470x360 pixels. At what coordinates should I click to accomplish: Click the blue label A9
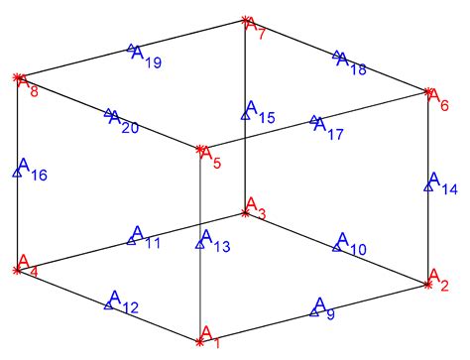pyautogui.click(x=323, y=307)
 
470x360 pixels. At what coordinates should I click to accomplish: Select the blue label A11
pyautogui.click(x=144, y=237)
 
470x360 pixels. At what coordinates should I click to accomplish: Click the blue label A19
pyautogui.click(x=146, y=56)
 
